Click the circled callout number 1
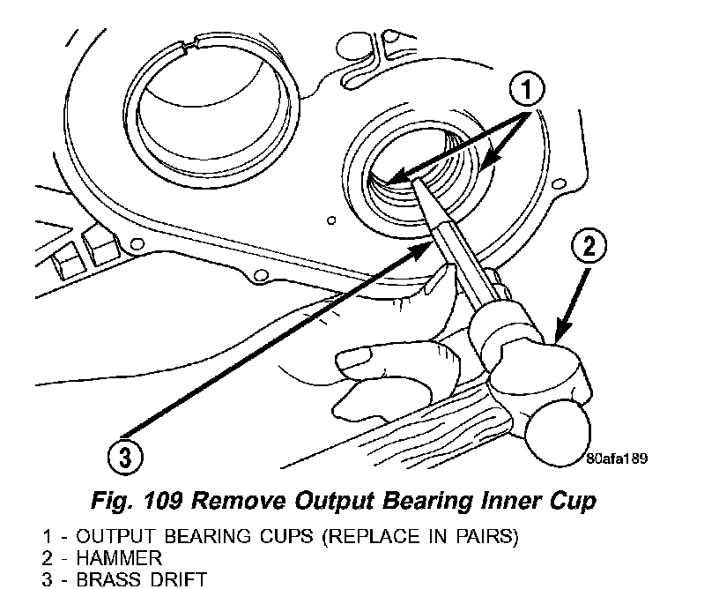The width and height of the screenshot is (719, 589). [527, 90]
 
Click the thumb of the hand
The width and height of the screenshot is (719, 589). [361, 357]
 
